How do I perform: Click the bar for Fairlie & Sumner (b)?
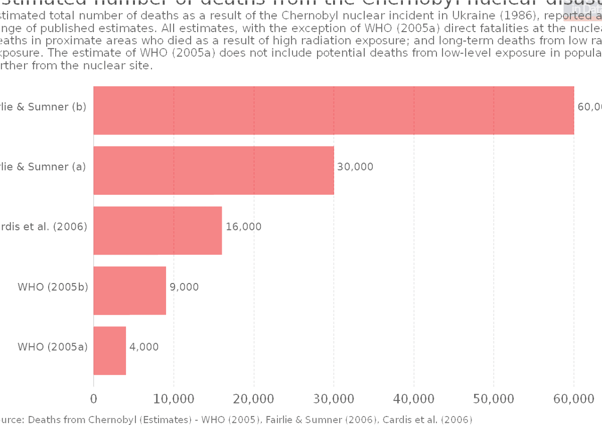pyautogui.click(x=334, y=110)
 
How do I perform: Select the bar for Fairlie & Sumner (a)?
pyautogui.click(x=214, y=171)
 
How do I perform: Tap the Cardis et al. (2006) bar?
pyautogui.click(x=158, y=230)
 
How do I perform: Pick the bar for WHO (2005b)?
pyautogui.click(x=130, y=291)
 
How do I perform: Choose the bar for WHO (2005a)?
pyautogui.click(x=110, y=351)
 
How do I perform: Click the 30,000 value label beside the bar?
pyautogui.click(x=355, y=167)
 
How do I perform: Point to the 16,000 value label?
pyautogui.click(x=243, y=227)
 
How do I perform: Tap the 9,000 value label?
pyautogui.click(x=184, y=287)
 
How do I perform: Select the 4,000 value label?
pyautogui.click(x=144, y=347)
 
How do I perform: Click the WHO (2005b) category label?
pyautogui.click(x=53, y=287)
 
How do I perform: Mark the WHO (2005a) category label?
pyautogui.click(x=53, y=347)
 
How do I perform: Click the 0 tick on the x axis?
pyautogui.click(x=94, y=399)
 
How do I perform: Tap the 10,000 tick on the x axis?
pyautogui.click(x=174, y=399)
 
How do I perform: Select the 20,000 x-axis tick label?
pyautogui.click(x=254, y=399)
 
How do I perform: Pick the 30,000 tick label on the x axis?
pyautogui.click(x=334, y=399)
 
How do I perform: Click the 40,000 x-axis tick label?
pyautogui.click(x=414, y=399)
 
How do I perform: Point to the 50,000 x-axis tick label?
pyautogui.click(x=494, y=399)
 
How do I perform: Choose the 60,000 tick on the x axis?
pyautogui.click(x=574, y=399)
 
